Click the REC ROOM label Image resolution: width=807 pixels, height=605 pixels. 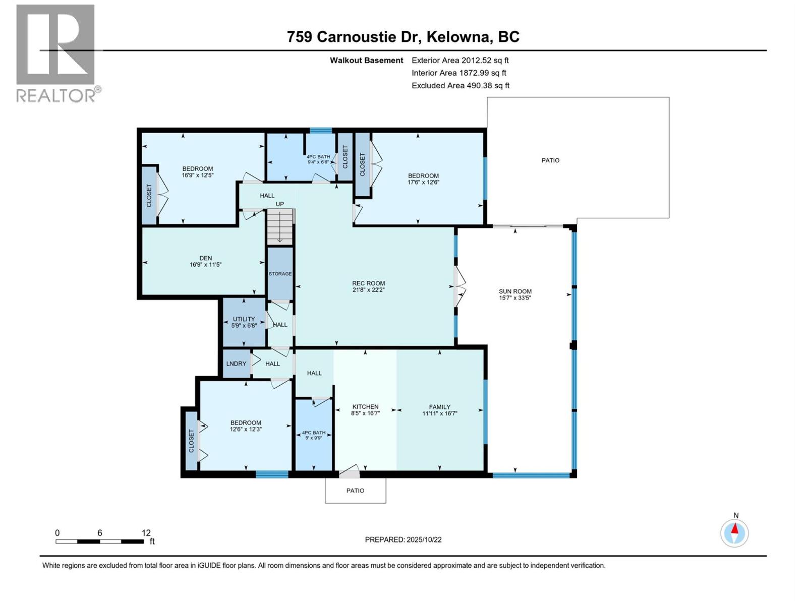368,283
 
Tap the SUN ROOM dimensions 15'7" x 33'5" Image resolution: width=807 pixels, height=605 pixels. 515,298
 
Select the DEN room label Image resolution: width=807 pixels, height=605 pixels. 205,258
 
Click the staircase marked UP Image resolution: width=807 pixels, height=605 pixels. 279,226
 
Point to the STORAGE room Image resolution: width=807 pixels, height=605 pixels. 280,274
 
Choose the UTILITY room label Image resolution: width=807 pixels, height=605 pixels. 244,319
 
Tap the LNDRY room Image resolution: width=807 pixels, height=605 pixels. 236,364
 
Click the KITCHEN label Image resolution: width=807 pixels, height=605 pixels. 365,406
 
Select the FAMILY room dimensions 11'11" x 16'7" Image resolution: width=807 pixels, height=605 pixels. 439,413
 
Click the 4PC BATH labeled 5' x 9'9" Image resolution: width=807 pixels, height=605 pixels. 313,435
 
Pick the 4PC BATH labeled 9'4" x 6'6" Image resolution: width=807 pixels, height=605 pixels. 318,159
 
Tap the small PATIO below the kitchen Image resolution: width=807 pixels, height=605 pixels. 355,491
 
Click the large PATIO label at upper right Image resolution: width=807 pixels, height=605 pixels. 550,160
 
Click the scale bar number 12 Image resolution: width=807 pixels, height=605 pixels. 146,533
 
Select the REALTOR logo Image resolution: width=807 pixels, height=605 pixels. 56,53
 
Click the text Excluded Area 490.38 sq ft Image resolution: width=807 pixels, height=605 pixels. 460,86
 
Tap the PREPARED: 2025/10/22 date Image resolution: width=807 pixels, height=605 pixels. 403,539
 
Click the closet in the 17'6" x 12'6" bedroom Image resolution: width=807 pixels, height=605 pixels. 362,164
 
